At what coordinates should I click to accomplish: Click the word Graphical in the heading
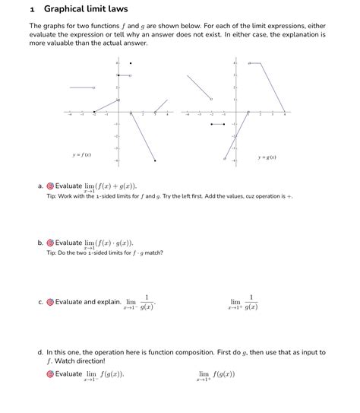point(66,9)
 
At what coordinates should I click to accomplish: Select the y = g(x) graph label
point(267,157)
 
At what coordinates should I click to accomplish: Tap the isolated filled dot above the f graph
point(131,63)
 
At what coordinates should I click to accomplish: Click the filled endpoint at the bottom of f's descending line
point(155,160)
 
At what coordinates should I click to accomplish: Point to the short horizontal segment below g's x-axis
point(217,123)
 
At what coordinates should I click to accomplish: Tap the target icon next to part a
point(50,186)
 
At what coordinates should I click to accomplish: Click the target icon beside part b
point(50,243)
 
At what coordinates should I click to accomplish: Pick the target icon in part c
point(50,302)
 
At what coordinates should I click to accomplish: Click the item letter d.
point(39,353)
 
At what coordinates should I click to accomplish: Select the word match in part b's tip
point(153,253)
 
